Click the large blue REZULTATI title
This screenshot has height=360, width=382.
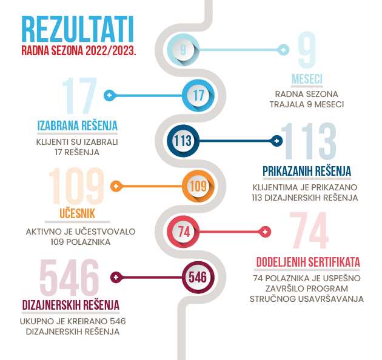78,29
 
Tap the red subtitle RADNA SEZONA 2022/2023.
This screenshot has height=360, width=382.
79,51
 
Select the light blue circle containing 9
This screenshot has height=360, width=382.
183,50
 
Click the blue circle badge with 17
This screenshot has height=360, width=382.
198,95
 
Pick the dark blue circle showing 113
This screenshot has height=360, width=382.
183,141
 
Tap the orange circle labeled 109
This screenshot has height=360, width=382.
198,186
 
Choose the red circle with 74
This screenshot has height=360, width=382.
183,232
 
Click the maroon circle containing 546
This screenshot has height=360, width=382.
198,277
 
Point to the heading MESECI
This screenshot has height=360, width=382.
307,79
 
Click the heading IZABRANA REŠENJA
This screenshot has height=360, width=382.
78,125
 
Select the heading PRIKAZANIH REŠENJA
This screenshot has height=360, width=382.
307,171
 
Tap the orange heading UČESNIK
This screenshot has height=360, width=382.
77,213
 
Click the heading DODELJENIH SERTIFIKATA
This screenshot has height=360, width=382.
308,262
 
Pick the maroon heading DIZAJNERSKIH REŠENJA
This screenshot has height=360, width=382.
71,305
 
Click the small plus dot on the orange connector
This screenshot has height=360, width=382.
116,186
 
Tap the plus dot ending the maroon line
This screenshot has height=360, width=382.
116,277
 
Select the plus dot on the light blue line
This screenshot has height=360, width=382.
283,50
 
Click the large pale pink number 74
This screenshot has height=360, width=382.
309,230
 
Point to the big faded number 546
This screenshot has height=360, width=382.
70,277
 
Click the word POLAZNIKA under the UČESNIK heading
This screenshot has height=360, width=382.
88,242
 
